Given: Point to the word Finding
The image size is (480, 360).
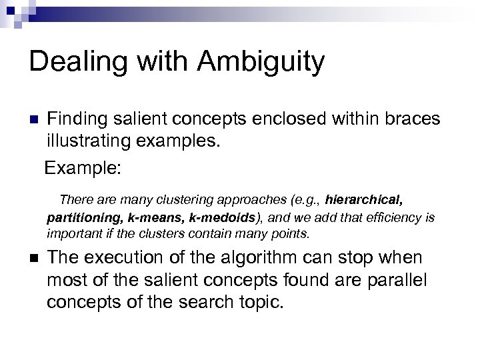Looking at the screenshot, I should (79, 120).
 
